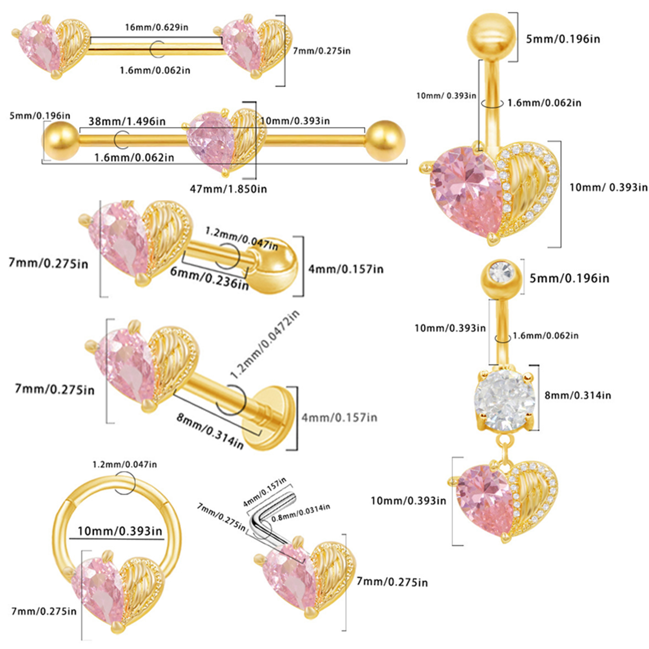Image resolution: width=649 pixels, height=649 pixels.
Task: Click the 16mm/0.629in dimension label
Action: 157,28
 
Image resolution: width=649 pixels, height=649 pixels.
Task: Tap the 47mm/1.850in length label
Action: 228,189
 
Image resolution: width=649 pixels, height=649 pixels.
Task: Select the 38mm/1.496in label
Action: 127,121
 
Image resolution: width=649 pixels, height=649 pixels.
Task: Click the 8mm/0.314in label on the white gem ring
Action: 578,395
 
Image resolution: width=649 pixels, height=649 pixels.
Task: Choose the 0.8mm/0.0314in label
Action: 301,513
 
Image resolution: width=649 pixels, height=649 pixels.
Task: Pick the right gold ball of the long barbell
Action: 385,140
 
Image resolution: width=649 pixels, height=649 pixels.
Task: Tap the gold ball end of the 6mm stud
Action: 278,266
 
